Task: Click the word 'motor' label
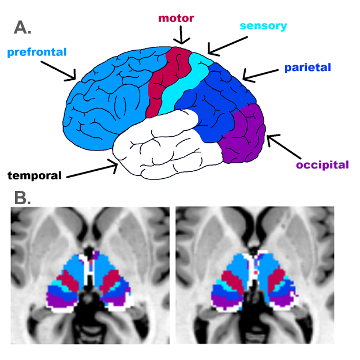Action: pyautogui.click(x=177, y=18)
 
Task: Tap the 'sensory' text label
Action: pyautogui.click(x=263, y=27)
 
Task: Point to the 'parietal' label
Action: pyautogui.click(x=307, y=67)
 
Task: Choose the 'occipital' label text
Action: pyautogui.click(x=322, y=165)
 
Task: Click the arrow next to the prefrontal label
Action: pyautogui.click(x=59, y=70)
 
